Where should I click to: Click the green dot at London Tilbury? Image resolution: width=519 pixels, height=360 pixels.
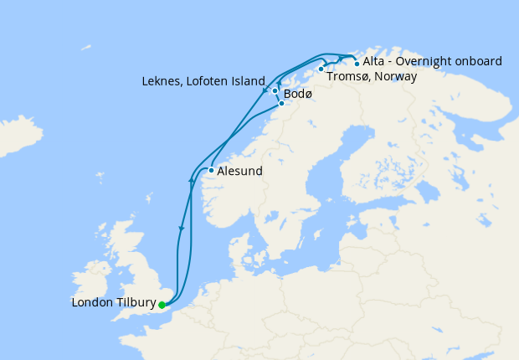click(x=162, y=305)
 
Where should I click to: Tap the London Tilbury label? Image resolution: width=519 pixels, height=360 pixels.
click(x=114, y=305)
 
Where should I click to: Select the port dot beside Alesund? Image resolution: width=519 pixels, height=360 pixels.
click(x=211, y=171)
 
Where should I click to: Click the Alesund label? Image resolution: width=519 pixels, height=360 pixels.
click(x=240, y=172)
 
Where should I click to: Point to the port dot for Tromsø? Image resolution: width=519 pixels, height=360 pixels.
click(x=321, y=69)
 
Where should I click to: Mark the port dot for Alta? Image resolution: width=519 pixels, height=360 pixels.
click(x=357, y=64)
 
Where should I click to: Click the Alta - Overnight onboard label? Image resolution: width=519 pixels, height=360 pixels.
click(x=432, y=61)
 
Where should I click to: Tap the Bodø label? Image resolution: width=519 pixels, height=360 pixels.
click(x=298, y=94)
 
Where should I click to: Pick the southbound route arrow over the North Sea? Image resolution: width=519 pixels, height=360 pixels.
click(x=181, y=228)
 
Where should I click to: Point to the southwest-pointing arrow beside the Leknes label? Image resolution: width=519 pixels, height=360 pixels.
click(x=265, y=90)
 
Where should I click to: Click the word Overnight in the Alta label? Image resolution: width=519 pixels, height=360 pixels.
click(x=430, y=61)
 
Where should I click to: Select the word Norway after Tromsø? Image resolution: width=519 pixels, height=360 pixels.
click(x=396, y=76)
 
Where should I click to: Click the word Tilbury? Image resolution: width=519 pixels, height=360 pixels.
click(x=134, y=305)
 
